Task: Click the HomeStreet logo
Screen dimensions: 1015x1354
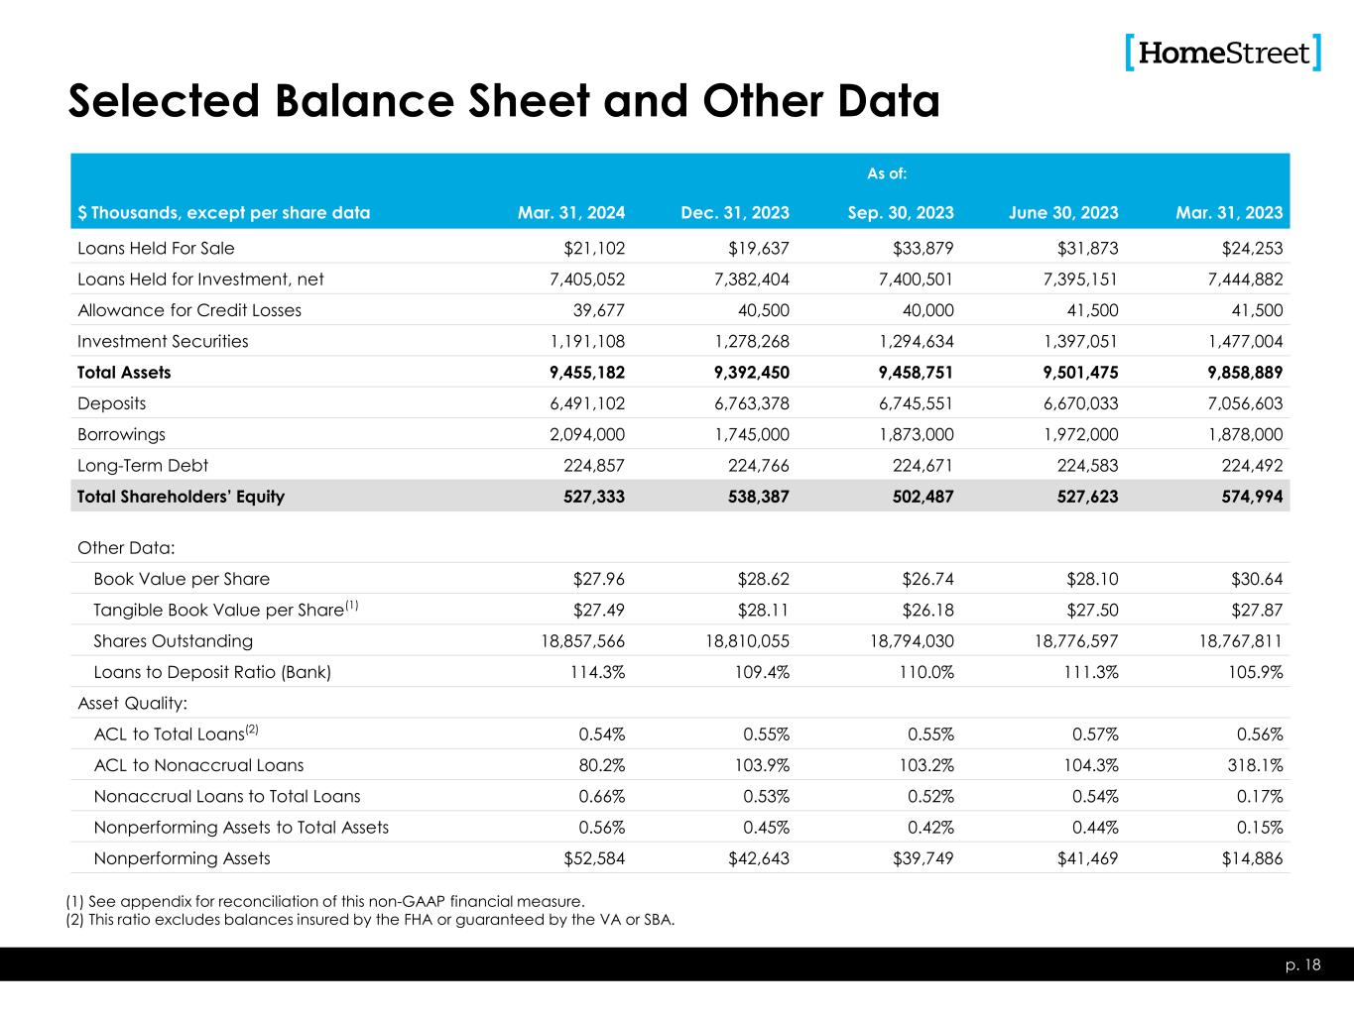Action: (x=1224, y=53)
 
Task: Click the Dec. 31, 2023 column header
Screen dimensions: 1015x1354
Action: (x=735, y=212)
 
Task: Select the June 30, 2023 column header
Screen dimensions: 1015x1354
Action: (x=1063, y=212)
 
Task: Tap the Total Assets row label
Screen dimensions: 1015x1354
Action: (x=124, y=373)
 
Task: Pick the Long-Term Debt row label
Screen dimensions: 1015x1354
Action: (x=143, y=465)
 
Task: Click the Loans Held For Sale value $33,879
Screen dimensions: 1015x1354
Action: (x=921, y=249)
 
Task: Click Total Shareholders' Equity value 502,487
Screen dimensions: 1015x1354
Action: (x=920, y=497)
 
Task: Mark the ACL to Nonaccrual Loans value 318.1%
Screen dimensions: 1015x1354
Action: (x=1252, y=765)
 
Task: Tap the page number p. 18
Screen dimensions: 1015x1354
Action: (x=1307, y=964)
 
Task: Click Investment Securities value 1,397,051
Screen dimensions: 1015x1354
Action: (x=1075, y=342)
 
